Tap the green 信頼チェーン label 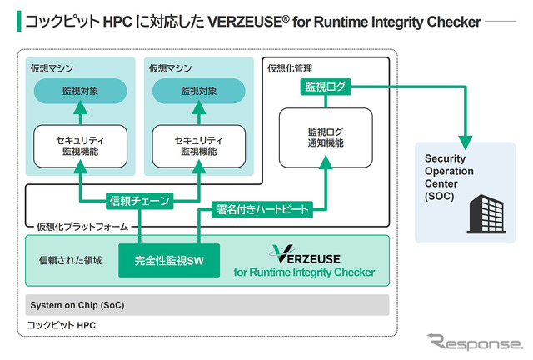click(x=140, y=200)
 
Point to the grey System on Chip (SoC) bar click(x=208, y=305)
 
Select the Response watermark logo click(x=475, y=341)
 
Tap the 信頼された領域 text click(x=71, y=261)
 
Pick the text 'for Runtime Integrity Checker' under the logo click(x=304, y=272)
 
